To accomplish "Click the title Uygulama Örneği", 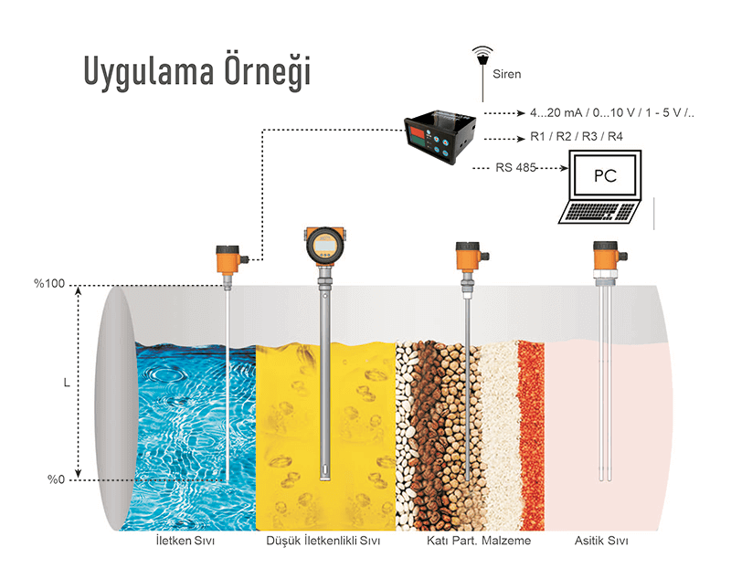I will coord(196,71).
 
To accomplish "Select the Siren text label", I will coord(507,72).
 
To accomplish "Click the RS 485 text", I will coord(516,167).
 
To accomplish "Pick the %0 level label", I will coord(54,479).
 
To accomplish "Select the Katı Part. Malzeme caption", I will coord(478,541).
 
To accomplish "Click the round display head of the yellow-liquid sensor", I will coord(324,244).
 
